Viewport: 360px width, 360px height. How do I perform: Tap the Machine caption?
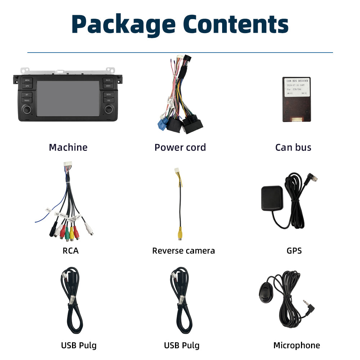click(68, 147)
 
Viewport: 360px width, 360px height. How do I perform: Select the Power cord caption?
click(180, 147)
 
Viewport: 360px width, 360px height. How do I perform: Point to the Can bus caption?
click(293, 147)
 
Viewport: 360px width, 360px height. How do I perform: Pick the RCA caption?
click(70, 251)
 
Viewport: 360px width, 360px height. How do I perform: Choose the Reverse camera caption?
click(183, 251)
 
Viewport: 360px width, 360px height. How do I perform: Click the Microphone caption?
click(296, 345)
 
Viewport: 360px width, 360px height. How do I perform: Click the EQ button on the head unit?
click(108, 100)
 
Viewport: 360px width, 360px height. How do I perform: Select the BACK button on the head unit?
click(108, 80)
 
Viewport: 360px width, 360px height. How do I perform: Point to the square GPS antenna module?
click(272, 198)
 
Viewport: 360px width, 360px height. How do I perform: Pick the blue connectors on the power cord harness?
click(163, 125)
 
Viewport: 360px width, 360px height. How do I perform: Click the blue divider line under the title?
click(180, 53)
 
